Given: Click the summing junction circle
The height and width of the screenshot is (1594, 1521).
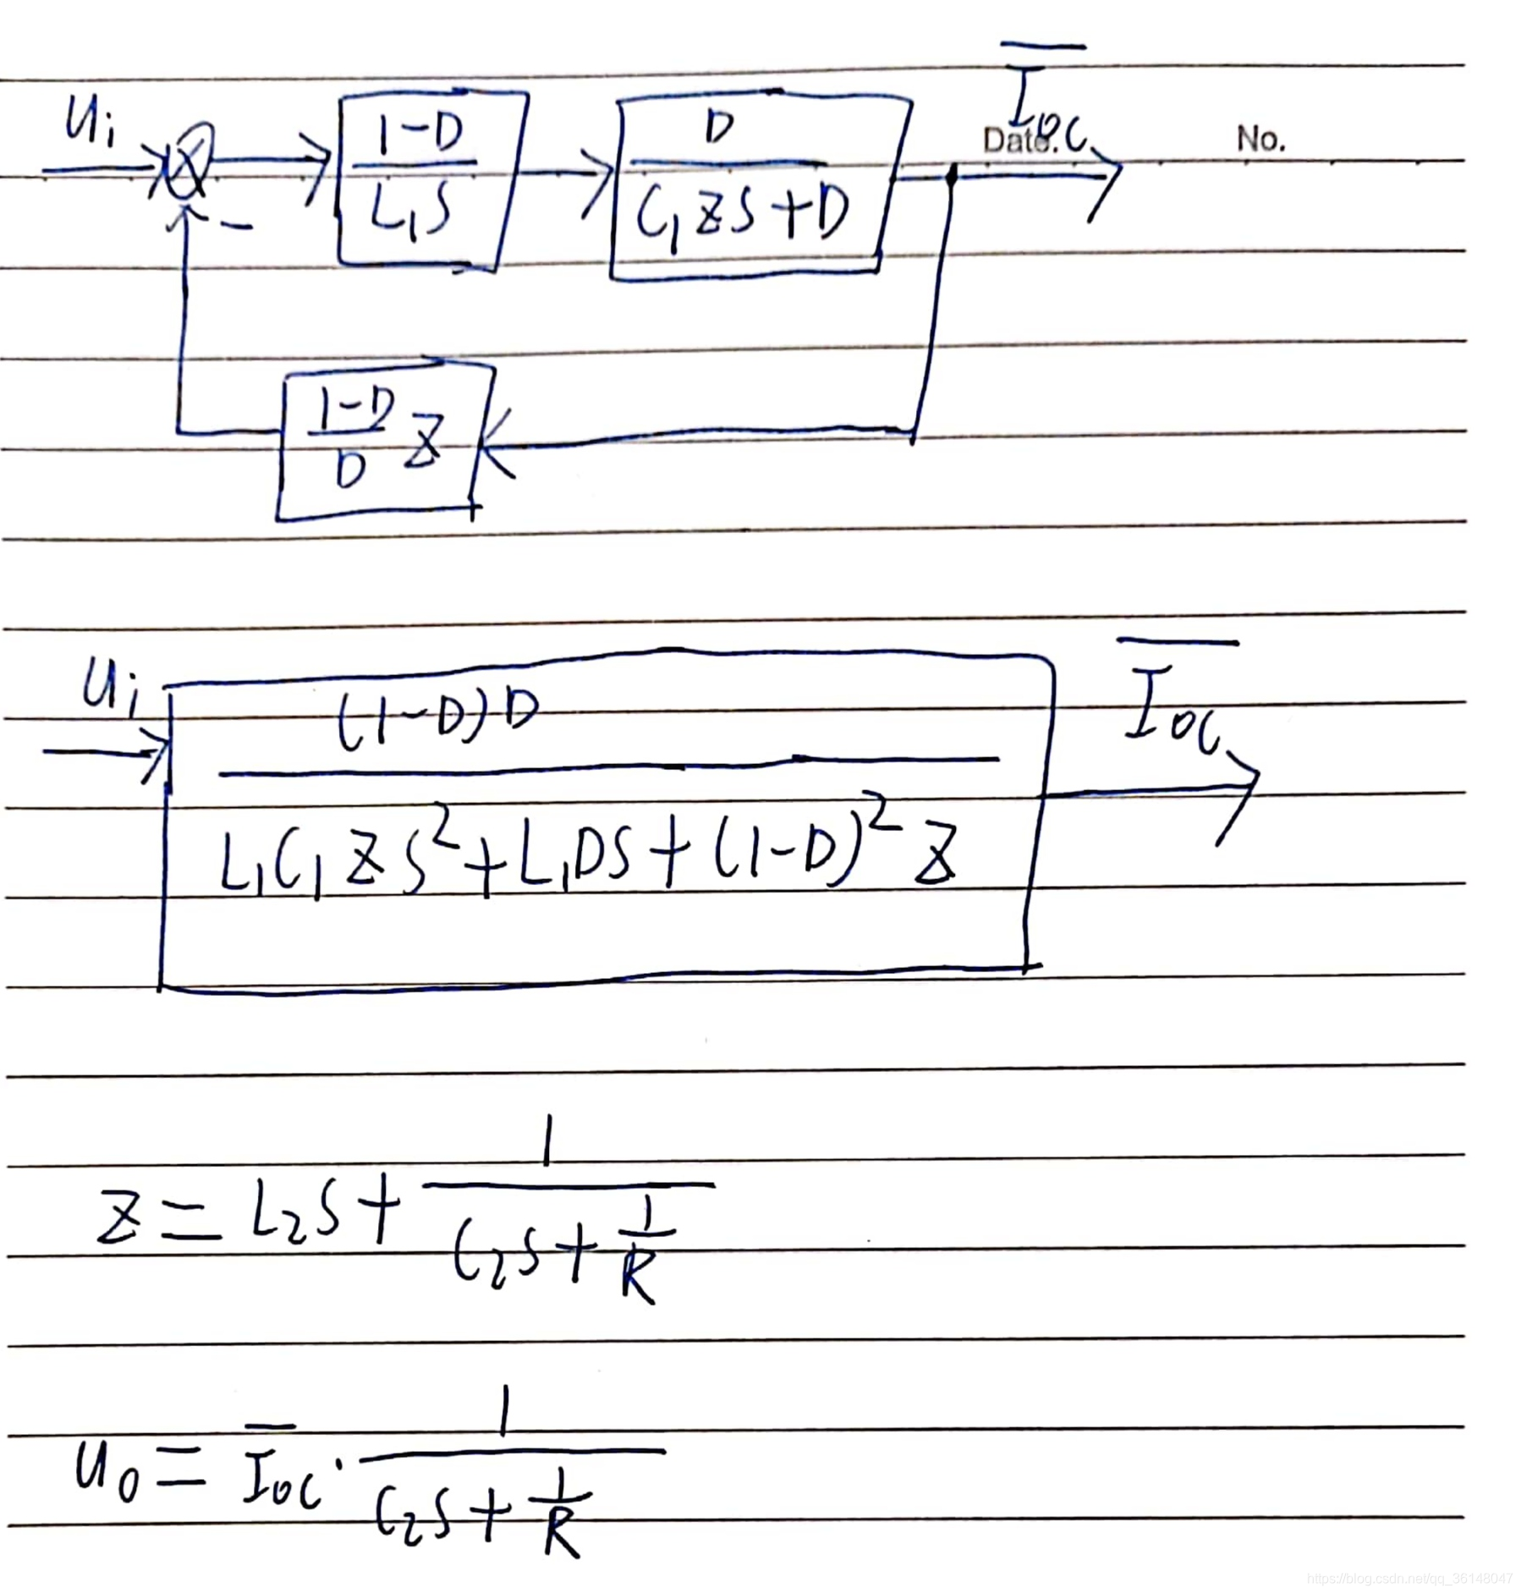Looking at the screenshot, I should point(189,160).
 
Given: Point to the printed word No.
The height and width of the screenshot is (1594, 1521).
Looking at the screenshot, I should point(1260,138).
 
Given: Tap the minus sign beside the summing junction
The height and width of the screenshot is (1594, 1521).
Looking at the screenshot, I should point(237,226).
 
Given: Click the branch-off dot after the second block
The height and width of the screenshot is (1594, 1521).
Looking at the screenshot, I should point(951,176).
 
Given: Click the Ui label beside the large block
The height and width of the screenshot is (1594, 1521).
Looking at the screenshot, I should point(110,685).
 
